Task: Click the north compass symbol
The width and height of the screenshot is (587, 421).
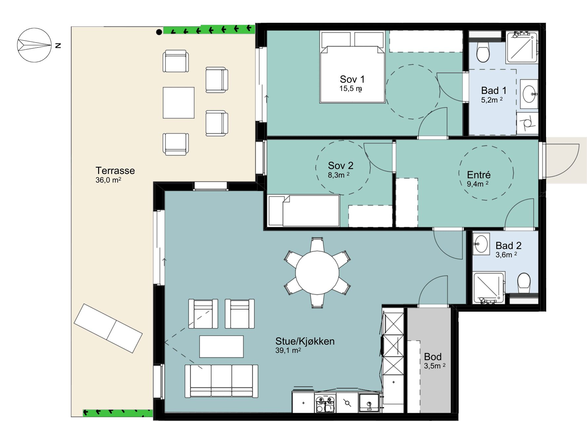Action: (x=34, y=45)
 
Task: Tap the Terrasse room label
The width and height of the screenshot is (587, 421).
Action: (x=115, y=171)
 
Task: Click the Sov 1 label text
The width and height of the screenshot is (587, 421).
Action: (x=352, y=79)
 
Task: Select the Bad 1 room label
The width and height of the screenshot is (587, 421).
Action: (x=494, y=91)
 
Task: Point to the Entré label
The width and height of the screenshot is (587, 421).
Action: (x=479, y=175)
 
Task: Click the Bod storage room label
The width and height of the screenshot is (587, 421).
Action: (x=433, y=357)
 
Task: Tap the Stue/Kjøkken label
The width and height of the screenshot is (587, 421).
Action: (x=305, y=341)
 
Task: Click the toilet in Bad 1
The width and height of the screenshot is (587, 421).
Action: (x=483, y=52)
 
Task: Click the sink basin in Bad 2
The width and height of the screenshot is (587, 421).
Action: (x=481, y=244)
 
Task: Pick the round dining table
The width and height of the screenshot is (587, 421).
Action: (x=317, y=273)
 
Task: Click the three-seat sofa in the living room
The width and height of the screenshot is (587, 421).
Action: (x=221, y=381)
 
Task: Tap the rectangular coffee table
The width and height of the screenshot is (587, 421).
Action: (x=221, y=347)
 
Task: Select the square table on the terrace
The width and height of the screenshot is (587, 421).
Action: (x=179, y=103)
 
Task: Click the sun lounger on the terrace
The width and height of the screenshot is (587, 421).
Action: (x=108, y=328)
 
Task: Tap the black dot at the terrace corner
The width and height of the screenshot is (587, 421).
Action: (x=159, y=32)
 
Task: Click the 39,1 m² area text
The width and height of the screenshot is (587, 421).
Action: (x=288, y=351)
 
